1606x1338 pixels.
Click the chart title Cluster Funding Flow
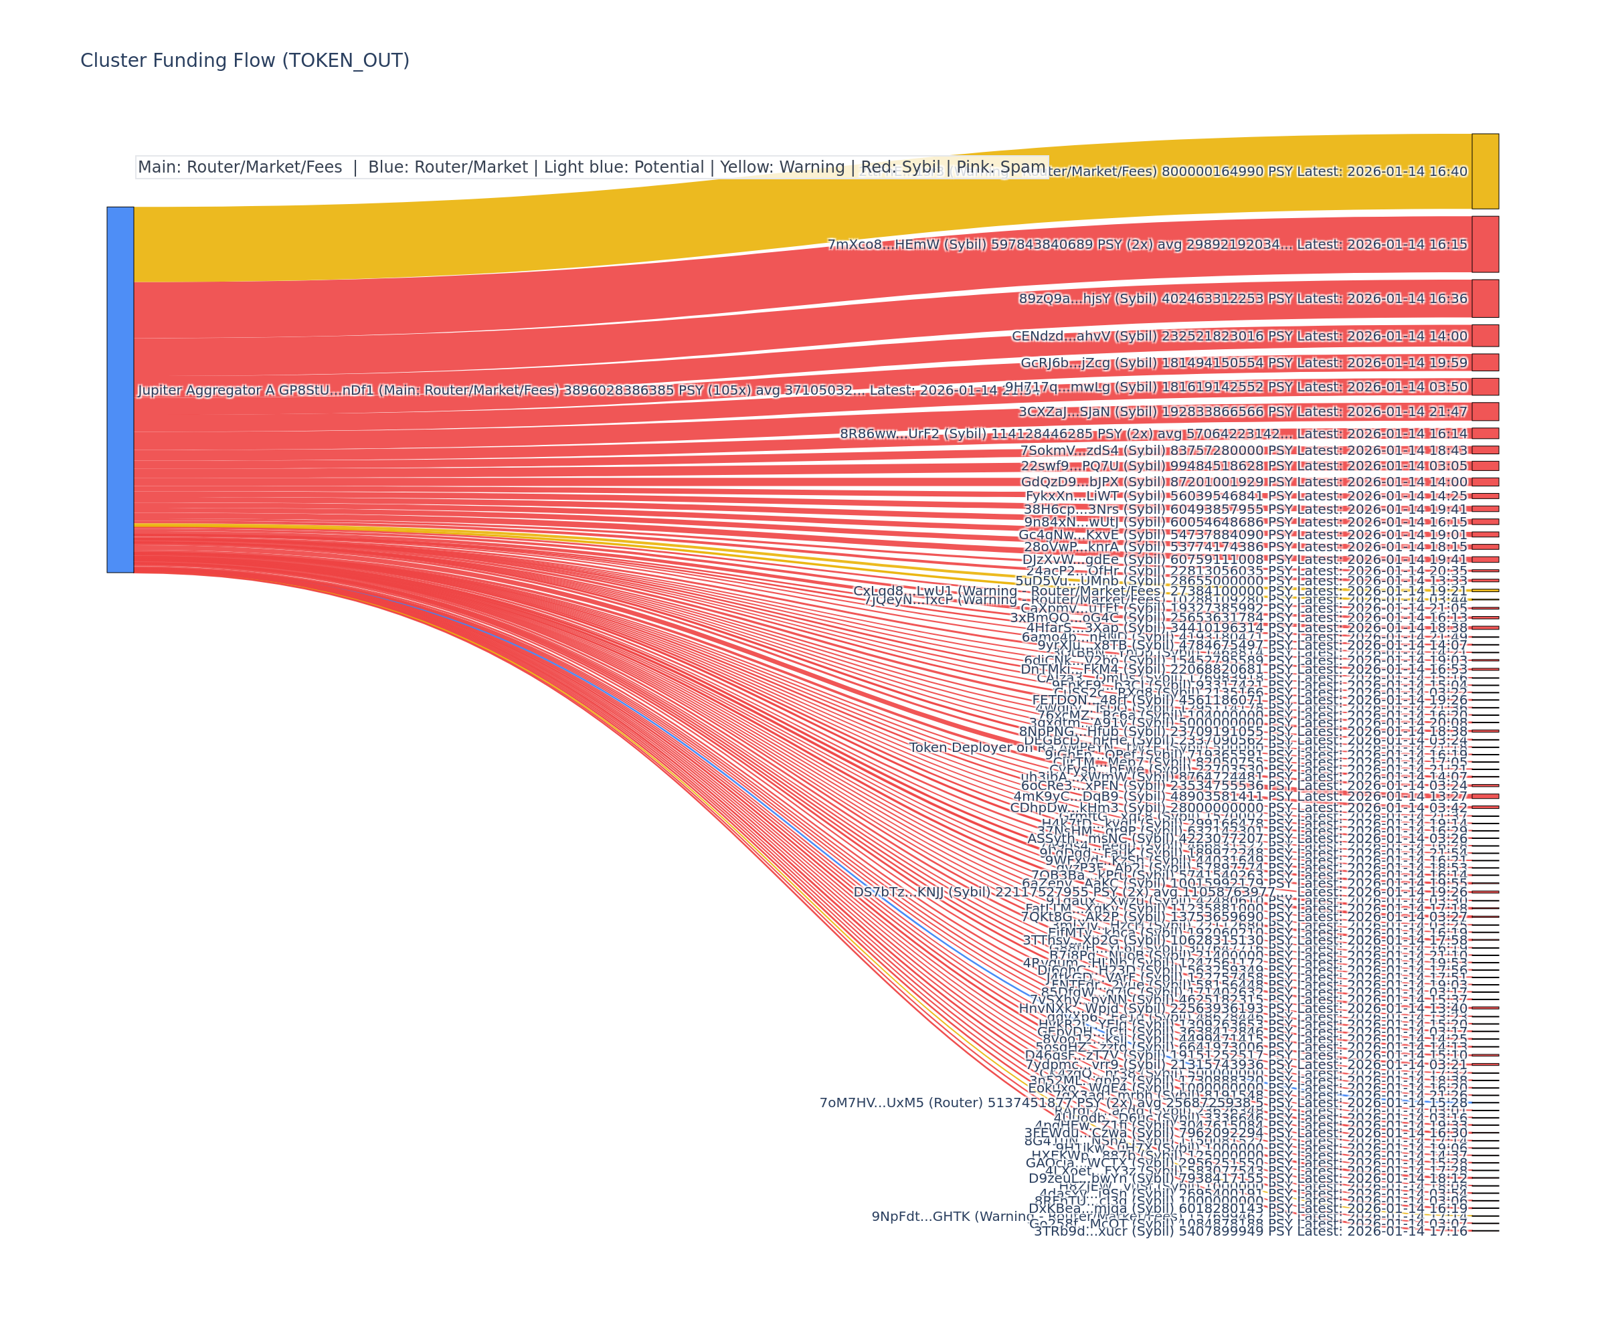tap(245, 60)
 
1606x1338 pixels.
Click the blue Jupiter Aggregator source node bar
tap(120, 389)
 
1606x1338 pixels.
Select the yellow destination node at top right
tap(1484, 171)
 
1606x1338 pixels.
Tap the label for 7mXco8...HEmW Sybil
tap(1147, 245)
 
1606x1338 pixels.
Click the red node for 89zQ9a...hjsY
tap(1484, 298)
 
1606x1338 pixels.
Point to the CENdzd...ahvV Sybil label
tap(1239, 337)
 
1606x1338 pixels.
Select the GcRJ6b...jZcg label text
tap(1243, 363)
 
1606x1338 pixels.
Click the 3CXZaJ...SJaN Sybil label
tap(1243, 412)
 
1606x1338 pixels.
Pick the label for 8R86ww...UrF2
tap(1153, 434)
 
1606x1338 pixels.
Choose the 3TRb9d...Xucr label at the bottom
tap(1251, 1231)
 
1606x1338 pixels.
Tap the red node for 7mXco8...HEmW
tap(1484, 245)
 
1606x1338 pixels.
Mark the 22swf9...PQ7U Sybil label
tap(1243, 466)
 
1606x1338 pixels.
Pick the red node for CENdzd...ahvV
tap(1484, 336)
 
